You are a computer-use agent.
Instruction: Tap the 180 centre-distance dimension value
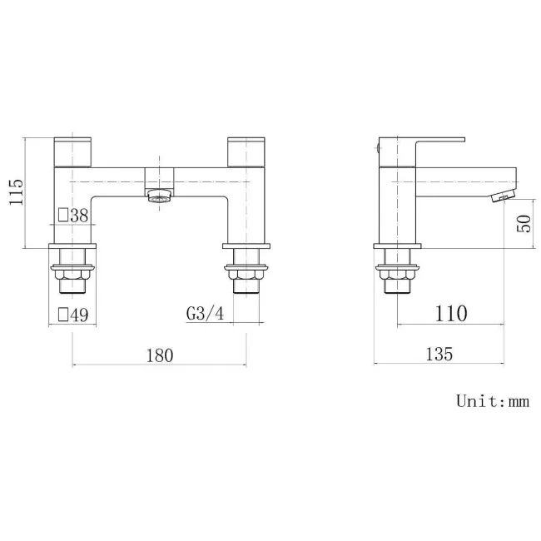coord(159,355)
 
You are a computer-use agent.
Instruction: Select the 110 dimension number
coord(450,314)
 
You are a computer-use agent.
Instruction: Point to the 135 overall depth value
coord(439,355)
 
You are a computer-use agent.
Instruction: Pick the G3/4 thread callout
coord(204,314)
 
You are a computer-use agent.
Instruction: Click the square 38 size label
coord(73,216)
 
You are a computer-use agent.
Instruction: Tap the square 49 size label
coord(73,315)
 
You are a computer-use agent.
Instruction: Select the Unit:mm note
coord(492,401)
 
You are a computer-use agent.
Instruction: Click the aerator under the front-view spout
coord(158,197)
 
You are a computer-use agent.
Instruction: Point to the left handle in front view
coord(72,151)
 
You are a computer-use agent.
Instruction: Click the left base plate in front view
coord(73,247)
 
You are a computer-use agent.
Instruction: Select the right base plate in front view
coord(246,247)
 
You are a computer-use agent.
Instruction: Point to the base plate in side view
coord(398,247)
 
